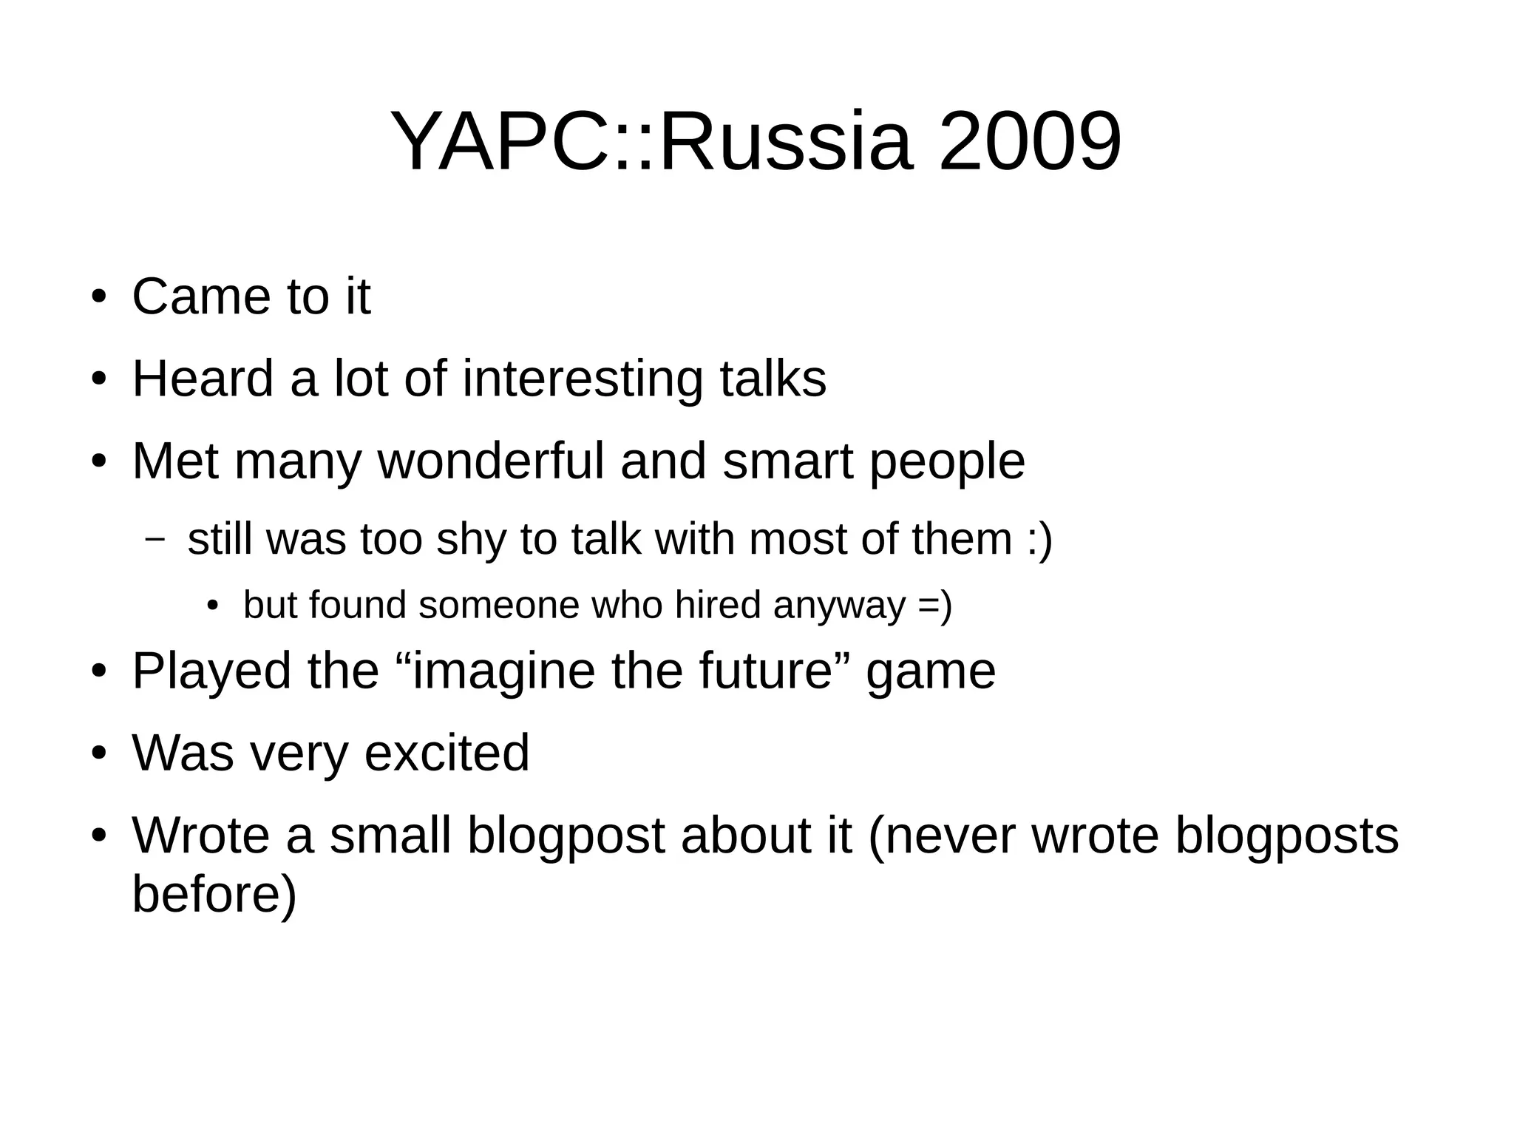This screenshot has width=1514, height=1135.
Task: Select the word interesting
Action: click(583, 379)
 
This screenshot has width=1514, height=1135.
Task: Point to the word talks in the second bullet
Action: click(773, 379)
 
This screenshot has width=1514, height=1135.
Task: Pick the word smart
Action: click(788, 461)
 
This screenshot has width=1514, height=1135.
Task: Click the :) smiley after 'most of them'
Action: click(1039, 540)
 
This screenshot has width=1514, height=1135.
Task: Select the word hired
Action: click(718, 606)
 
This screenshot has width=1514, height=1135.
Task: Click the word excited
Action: click(447, 753)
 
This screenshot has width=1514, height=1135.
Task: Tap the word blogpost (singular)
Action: click(566, 836)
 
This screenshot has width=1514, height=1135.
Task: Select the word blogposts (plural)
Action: click(1287, 836)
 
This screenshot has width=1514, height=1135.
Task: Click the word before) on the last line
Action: click(214, 894)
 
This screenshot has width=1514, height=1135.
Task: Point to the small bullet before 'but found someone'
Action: click(213, 606)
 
